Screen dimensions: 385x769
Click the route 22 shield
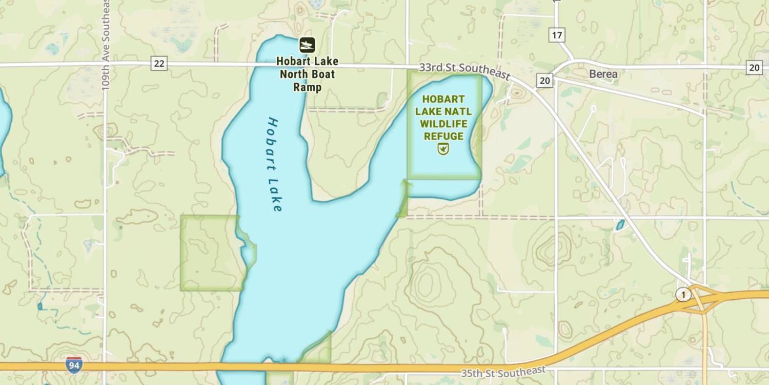click(159, 64)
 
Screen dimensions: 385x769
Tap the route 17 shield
click(557, 35)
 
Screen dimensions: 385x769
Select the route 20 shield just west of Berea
click(544, 80)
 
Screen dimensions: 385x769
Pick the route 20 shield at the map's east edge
click(754, 67)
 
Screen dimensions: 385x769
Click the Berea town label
click(603, 74)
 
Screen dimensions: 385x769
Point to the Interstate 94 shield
click(74, 365)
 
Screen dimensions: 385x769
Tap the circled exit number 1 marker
click(682, 295)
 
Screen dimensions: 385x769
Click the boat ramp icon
click(307, 45)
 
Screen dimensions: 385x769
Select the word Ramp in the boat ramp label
click(308, 87)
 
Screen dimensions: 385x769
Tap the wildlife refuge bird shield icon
click(443, 149)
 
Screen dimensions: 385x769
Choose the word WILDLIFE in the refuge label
click(444, 124)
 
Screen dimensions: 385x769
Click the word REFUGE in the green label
click(443, 136)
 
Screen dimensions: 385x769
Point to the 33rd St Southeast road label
click(464, 71)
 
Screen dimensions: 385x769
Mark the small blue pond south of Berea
click(620, 225)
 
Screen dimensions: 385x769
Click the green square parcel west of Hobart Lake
click(210, 253)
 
